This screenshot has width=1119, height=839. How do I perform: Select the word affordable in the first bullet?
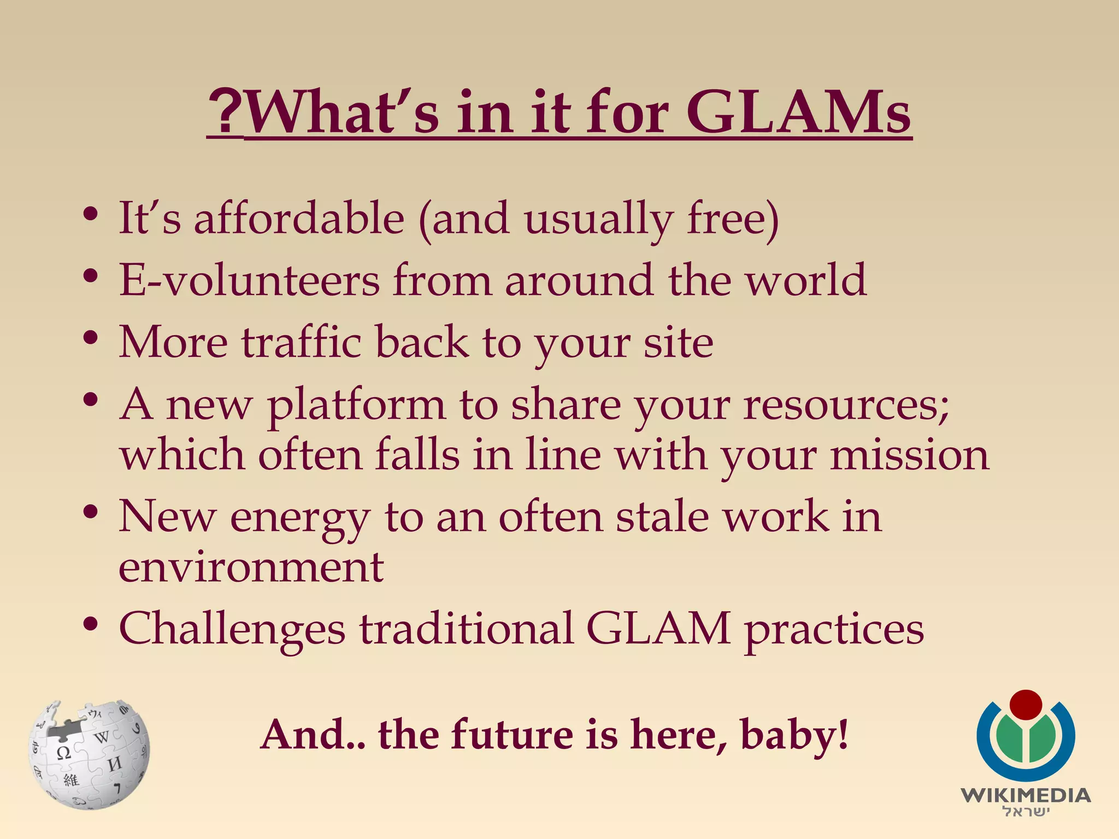[299, 218]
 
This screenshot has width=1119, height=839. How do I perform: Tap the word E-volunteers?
[249, 280]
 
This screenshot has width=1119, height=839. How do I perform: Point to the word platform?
[356, 405]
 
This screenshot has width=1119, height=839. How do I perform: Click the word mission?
[910, 455]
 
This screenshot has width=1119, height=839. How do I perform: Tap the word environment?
[251, 567]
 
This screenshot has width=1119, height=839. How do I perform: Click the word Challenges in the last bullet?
[232, 629]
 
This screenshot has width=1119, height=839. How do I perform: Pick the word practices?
[834, 629]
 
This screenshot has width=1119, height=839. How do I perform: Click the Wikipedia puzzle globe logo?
[89, 754]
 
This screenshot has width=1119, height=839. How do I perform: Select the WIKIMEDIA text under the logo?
[1026, 795]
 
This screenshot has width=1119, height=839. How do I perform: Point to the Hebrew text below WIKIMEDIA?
[1026, 812]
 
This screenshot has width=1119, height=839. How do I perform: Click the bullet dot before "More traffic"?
[91, 339]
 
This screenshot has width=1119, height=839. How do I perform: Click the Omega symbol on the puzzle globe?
[64, 753]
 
